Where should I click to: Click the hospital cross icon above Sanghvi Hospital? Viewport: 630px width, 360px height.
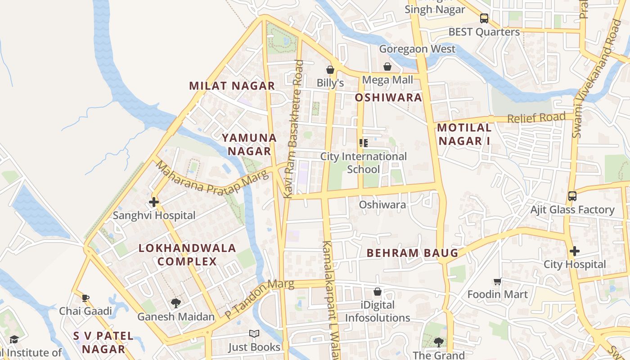154,202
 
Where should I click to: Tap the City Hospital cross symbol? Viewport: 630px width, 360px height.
574,251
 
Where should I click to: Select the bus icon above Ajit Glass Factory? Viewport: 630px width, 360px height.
572,196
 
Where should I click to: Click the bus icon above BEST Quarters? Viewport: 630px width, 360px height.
484,18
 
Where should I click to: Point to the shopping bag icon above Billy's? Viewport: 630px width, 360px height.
330,70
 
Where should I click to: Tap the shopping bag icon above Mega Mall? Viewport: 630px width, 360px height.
387,67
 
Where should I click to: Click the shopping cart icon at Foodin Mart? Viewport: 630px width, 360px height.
497,282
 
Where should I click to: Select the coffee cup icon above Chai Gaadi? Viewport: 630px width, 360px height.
85,298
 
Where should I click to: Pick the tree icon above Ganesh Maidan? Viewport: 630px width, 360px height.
175,303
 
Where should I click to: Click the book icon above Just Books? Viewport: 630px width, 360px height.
254,334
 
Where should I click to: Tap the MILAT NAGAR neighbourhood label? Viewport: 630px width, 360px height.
232,86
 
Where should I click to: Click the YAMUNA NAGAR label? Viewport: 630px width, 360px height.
249,144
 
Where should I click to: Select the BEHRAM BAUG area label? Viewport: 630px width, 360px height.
412,253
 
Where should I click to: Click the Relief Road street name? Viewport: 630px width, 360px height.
536,118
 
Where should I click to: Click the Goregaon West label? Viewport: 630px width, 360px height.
417,49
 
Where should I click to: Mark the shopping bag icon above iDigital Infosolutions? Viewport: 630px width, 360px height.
378,292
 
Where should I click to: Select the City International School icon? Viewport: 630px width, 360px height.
364,143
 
